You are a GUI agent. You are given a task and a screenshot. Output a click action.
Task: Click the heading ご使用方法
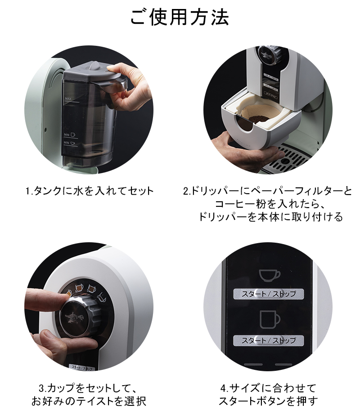click(180, 17)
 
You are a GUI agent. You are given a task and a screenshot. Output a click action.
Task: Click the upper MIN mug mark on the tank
click(69, 133)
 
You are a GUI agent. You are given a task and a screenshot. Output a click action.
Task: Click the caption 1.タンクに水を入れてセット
click(89, 191)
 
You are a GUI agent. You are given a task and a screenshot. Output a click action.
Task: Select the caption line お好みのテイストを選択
click(89, 400)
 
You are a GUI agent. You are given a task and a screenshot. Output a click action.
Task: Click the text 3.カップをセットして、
click(89, 387)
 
